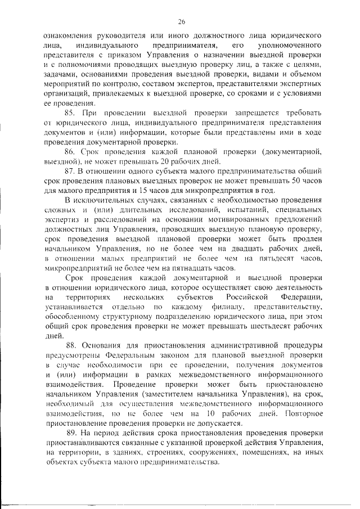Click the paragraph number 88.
coord(74,345)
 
